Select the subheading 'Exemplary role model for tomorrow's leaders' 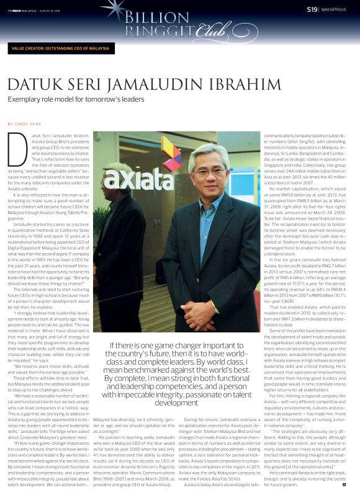[76, 99]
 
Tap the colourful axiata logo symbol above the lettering [169, 153]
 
